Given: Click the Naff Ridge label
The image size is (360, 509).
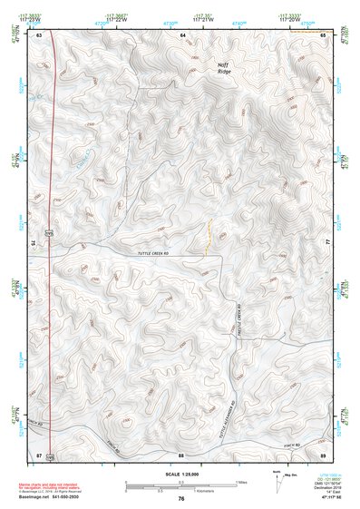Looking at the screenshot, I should pyautogui.click(x=223, y=68).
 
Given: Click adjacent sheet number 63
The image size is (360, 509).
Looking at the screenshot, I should pyautogui.click(x=40, y=34).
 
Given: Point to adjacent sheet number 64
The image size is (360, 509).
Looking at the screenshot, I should pyautogui.click(x=182, y=34).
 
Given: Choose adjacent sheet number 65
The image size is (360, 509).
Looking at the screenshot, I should pyautogui.click(x=324, y=34).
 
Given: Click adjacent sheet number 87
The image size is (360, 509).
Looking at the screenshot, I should pyautogui.click(x=39, y=455).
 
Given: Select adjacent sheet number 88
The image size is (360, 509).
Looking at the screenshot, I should pyautogui.click(x=181, y=455).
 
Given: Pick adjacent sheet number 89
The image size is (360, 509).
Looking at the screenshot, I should pyautogui.click(x=324, y=455).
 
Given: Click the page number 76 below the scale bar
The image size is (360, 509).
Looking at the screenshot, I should pyautogui.click(x=181, y=499).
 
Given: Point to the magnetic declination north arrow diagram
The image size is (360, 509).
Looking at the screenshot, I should pyautogui.click(x=277, y=482).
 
